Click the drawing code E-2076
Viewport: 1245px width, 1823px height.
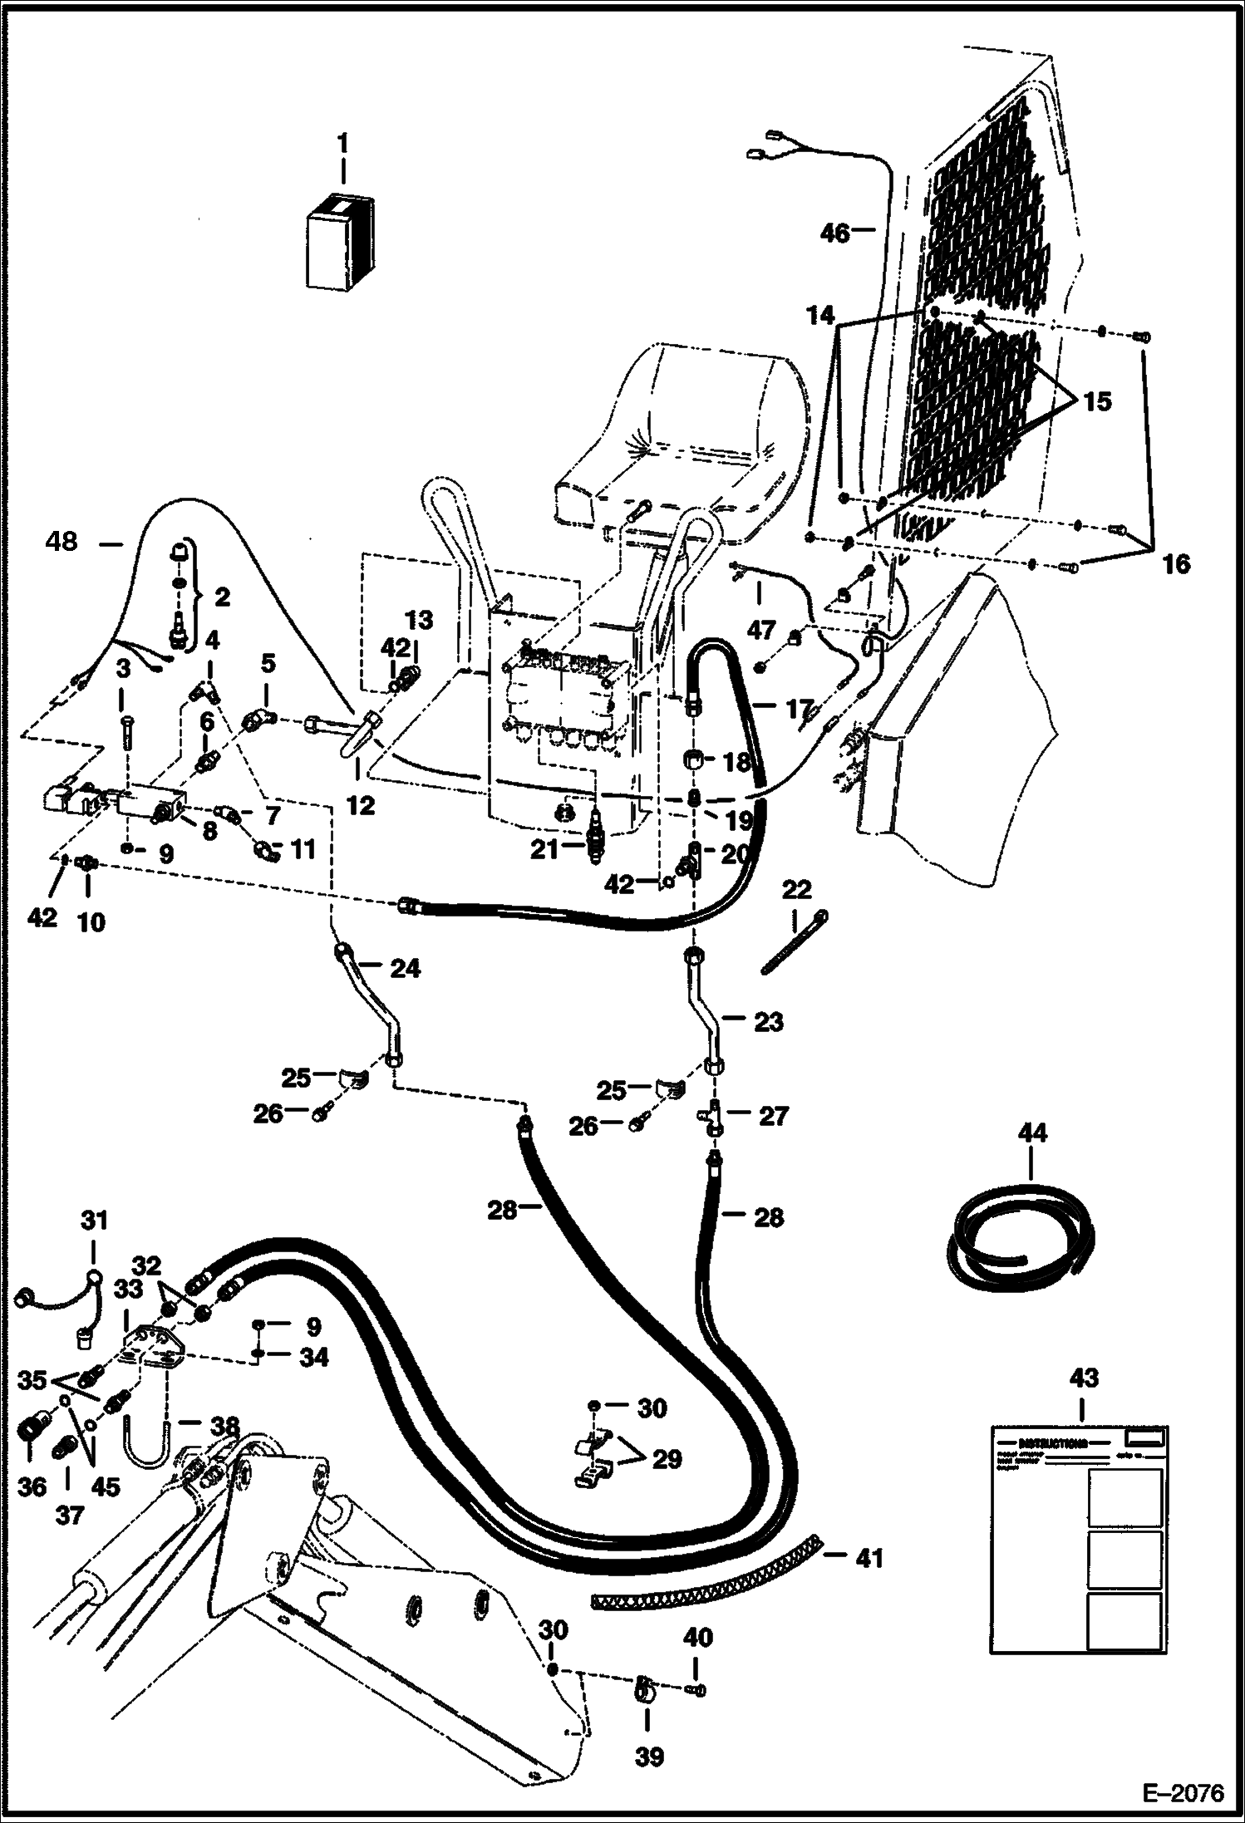pos(1183,1793)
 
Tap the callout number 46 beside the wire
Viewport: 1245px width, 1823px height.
pos(836,233)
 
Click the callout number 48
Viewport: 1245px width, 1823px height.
pos(62,542)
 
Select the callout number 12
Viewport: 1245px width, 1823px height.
pos(361,804)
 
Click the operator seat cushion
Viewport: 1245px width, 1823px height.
pos(690,465)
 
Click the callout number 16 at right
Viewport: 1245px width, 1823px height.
pos(1175,564)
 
